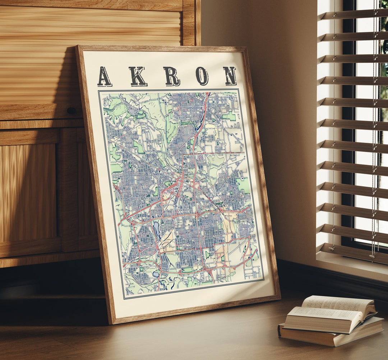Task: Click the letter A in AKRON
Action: (x=104, y=76)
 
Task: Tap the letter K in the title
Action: (x=138, y=76)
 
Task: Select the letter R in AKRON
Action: (x=172, y=76)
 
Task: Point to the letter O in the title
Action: (x=202, y=76)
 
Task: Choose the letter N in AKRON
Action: (x=229, y=76)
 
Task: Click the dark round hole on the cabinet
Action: (x=71, y=111)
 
